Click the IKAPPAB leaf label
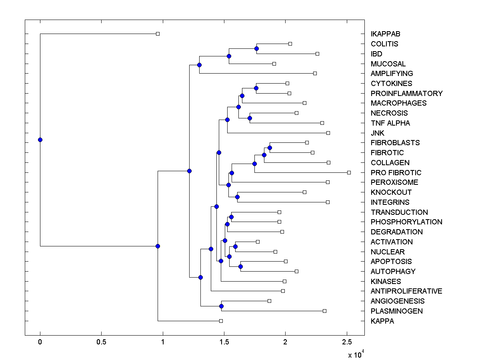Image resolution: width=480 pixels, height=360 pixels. [x=385, y=34]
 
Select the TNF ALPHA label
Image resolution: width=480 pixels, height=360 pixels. [x=390, y=123]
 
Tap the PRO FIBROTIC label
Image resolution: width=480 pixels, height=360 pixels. [x=396, y=173]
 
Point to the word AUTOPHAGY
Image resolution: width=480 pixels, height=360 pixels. [x=393, y=272]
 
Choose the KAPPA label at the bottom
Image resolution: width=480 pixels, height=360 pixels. [x=382, y=321]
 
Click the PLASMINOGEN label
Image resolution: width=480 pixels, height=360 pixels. [x=396, y=311]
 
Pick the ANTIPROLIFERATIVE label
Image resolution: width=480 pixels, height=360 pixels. [x=406, y=291]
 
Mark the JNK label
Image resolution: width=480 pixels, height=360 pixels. [x=378, y=133]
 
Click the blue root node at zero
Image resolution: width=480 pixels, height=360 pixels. [x=40, y=140]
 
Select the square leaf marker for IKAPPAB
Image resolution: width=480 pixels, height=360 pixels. [x=158, y=34]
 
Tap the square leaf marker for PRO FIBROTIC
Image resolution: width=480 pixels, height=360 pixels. [x=349, y=172]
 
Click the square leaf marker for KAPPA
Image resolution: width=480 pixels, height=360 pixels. [x=221, y=321]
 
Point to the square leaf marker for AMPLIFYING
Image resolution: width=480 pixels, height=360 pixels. [x=315, y=73]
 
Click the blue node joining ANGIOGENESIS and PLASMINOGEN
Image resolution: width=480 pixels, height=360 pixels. [x=221, y=306]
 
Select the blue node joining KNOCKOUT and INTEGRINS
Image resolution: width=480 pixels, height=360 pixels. [x=237, y=197]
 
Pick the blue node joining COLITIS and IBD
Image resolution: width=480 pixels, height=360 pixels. [x=256, y=48]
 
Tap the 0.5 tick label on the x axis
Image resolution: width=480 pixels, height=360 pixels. [x=101, y=342]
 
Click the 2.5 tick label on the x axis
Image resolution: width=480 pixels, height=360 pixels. [x=346, y=342]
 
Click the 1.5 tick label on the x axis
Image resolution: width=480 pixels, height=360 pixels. [x=224, y=342]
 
